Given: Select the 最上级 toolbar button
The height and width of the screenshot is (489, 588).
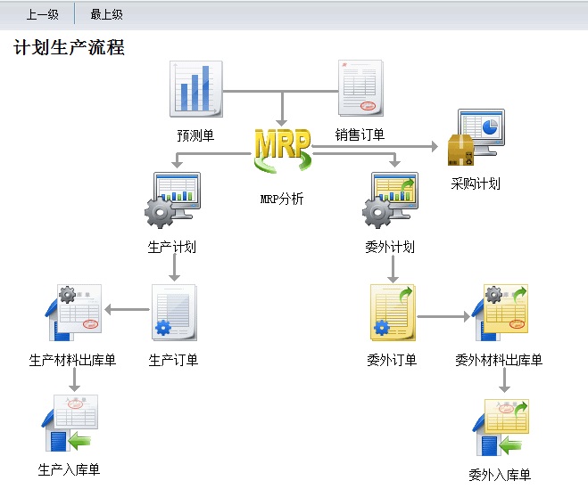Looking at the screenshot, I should coord(106,15).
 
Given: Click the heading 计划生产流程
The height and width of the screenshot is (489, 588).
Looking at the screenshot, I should coord(69,48).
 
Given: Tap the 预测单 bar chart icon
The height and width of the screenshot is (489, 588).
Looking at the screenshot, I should coord(195,90).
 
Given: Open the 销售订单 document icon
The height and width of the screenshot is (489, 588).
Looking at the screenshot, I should coord(360,89).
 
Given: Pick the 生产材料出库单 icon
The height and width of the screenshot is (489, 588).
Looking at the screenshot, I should coord(73,314).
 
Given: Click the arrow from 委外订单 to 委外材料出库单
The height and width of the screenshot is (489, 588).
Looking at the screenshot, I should coord(444,316).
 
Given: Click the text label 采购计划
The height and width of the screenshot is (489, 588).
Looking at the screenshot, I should coord(476,183).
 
